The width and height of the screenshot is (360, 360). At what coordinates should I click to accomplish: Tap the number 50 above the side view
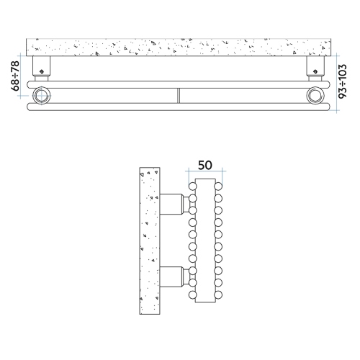(x=205, y=165)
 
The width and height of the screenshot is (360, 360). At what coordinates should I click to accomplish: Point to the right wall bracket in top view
(x=315, y=68)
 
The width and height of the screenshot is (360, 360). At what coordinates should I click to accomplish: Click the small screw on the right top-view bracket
(x=315, y=71)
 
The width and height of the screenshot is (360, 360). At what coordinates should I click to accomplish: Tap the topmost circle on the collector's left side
(x=192, y=186)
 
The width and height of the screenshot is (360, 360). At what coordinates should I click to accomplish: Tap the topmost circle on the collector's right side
(x=219, y=186)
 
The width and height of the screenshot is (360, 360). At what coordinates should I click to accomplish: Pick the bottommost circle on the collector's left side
(x=192, y=296)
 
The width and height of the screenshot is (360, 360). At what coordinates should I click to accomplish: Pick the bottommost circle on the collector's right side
(x=219, y=296)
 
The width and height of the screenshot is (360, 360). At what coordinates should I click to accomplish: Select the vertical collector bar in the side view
(x=205, y=241)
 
